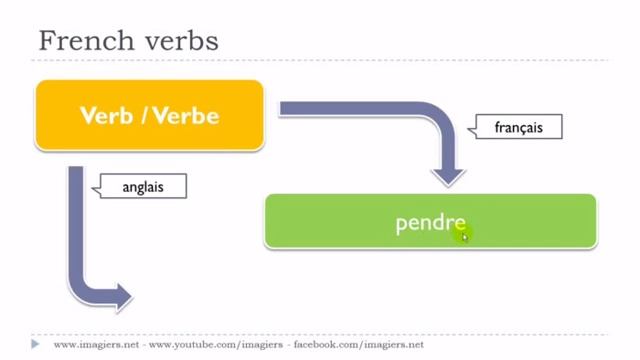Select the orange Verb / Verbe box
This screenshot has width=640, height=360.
(x=150, y=115)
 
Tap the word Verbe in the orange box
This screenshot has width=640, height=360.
(x=187, y=116)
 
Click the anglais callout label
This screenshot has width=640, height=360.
(x=141, y=186)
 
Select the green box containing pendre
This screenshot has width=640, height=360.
(x=430, y=221)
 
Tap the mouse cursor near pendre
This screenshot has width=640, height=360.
(x=464, y=236)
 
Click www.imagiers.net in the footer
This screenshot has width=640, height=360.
(x=95, y=344)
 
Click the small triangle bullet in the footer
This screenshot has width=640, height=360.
(x=36, y=343)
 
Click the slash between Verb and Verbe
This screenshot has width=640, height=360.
(x=145, y=116)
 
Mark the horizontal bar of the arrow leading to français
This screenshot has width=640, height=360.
(x=360, y=109)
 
